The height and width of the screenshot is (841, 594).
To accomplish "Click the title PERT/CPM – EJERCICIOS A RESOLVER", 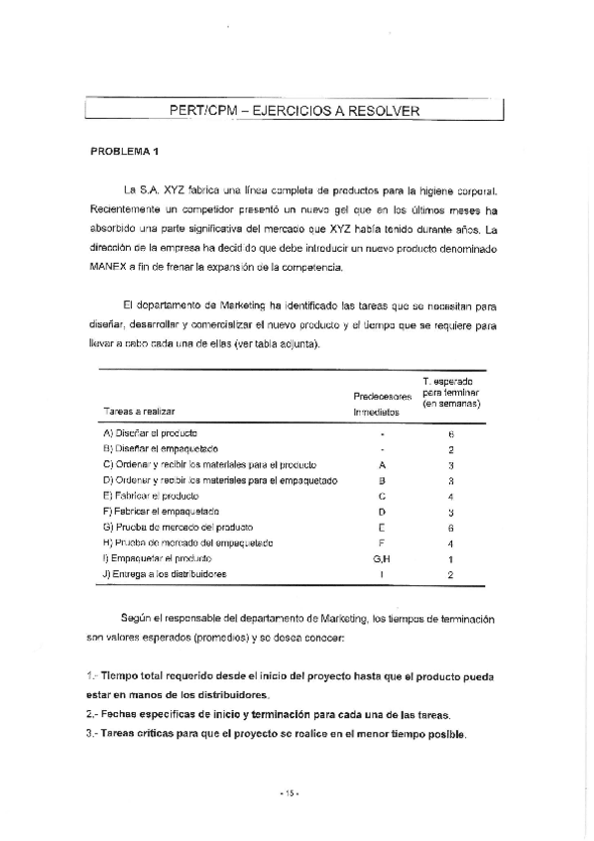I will [295, 110].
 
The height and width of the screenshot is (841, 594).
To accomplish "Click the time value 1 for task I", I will [451, 559].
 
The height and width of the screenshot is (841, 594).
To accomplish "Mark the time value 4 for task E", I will [451, 496].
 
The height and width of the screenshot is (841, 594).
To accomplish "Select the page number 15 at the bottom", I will [289, 792].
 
